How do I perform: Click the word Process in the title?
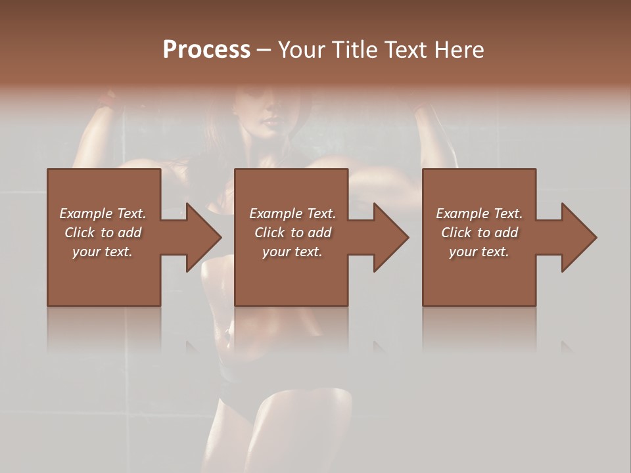(x=206, y=50)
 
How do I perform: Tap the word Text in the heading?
(x=405, y=50)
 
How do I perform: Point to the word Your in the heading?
(x=302, y=50)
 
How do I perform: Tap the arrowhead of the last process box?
(x=578, y=237)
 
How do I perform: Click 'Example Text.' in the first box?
(x=103, y=214)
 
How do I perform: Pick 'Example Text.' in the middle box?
(x=292, y=214)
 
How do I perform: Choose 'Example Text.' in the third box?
(x=479, y=214)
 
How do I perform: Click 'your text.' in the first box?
(x=103, y=252)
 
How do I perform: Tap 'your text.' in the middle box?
(x=292, y=252)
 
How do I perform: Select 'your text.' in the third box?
(x=479, y=252)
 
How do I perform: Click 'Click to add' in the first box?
(x=103, y=233)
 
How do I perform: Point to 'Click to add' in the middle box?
(x=292, y=233)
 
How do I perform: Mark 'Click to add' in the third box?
(x=479, y=233)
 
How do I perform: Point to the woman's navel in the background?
(x=229, y=328)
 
